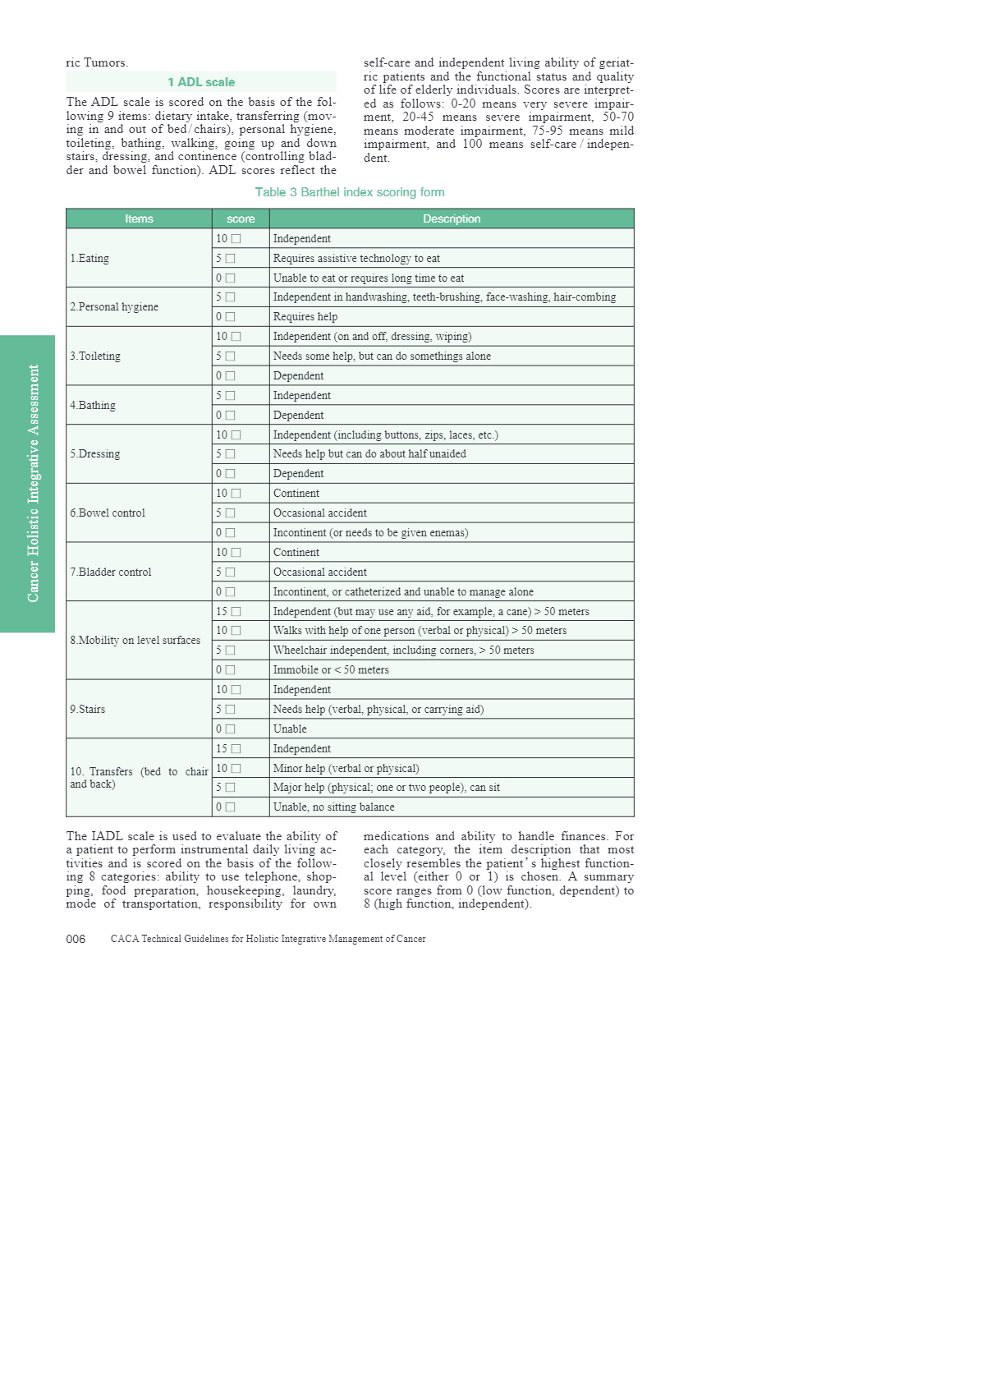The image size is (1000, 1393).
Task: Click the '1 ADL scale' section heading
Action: [x=201, y=82]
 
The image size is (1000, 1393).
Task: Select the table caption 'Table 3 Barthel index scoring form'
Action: [x=350, y=192]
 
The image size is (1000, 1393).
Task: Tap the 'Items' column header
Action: [x=139, y=218]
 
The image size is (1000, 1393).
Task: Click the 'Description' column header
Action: [x=452, y=218]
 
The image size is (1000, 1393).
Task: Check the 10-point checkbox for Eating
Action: [x=236, y=239]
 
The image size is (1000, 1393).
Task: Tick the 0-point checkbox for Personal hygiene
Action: [x=231, y=317]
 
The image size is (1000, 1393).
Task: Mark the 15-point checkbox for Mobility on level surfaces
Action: [x=236, y=612]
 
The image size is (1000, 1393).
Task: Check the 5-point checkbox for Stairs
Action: [x=231, y=710]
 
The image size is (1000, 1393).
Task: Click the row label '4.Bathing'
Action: [x=93, y=405]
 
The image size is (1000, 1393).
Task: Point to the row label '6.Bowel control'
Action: [x=108, y=513]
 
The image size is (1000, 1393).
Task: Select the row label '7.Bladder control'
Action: [x=111, y=572]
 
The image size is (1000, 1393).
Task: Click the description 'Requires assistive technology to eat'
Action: [x=356, y=259]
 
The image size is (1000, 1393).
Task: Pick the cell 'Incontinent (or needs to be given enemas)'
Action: [x=370, y=533]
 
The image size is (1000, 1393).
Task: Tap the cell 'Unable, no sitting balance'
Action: [x=333, y=807]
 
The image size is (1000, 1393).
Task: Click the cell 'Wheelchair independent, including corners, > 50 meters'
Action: [x=403, y=651]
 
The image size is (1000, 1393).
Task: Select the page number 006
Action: [x=76, y=939]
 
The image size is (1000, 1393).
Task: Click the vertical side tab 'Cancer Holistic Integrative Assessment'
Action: [x=33, y=483]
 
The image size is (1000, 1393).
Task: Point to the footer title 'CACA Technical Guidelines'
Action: [x=268, y=939]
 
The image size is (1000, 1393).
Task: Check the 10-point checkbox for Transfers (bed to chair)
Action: [x=236, y=769]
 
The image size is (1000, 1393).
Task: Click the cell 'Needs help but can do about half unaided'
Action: [x=369, y=454]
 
